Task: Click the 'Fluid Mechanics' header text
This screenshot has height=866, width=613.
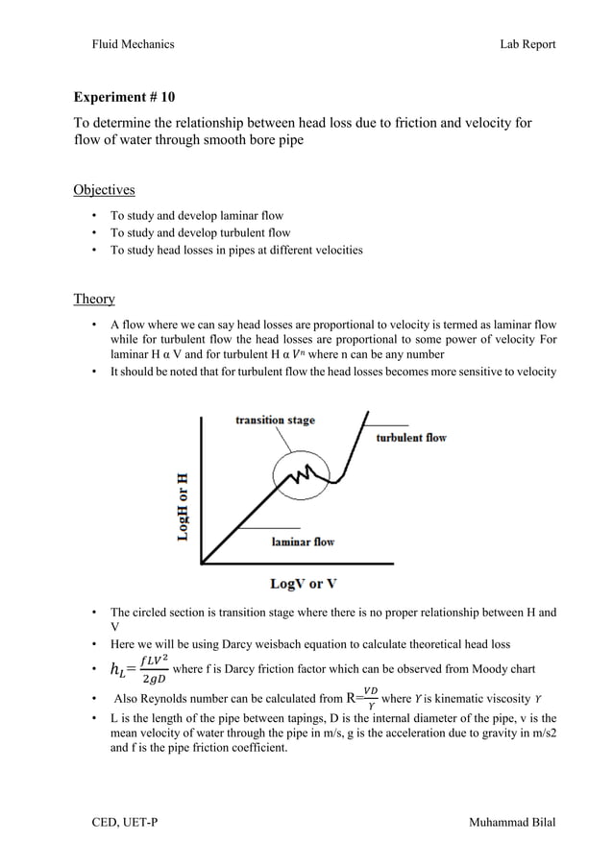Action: (133, 44)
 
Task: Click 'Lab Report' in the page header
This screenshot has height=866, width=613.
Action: (527, 44)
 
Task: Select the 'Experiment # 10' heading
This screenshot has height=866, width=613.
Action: (125, 98)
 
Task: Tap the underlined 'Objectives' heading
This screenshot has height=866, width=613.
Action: (105, 189)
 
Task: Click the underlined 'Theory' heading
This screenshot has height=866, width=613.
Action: (94, 299)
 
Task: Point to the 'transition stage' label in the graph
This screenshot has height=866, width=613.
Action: (276, 421)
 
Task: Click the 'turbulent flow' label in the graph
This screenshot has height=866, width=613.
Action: (410, 438)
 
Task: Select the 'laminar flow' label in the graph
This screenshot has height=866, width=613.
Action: (302, 541)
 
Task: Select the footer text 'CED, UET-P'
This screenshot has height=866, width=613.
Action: (118, 824)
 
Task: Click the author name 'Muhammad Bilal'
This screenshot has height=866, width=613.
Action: (511, 824)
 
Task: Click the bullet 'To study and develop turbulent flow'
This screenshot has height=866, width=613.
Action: (200, 233)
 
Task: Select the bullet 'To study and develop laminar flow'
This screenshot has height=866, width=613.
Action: (197, 216)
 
